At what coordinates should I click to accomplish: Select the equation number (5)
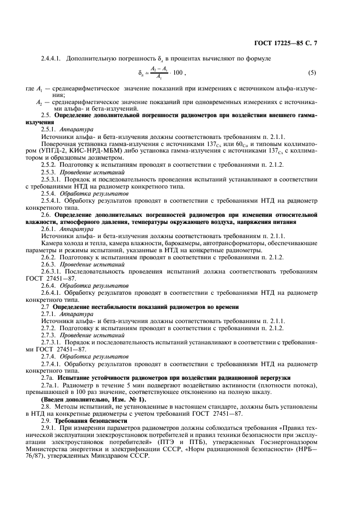(x=312, y=72)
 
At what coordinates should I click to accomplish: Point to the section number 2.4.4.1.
(x=50, y=58)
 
